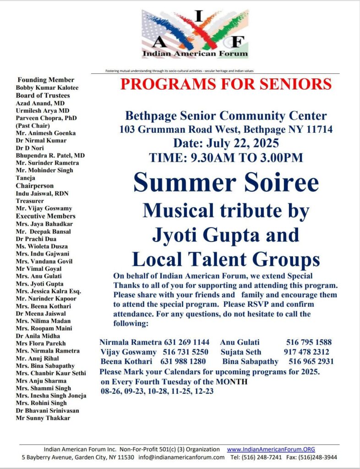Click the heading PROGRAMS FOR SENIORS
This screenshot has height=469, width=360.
point(226,84)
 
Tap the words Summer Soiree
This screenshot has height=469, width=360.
point(226,182)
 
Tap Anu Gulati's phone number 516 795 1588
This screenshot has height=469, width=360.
point(309,342)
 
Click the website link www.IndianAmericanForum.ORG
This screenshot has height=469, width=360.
point(271,449)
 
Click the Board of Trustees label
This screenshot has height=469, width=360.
point(43,95)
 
